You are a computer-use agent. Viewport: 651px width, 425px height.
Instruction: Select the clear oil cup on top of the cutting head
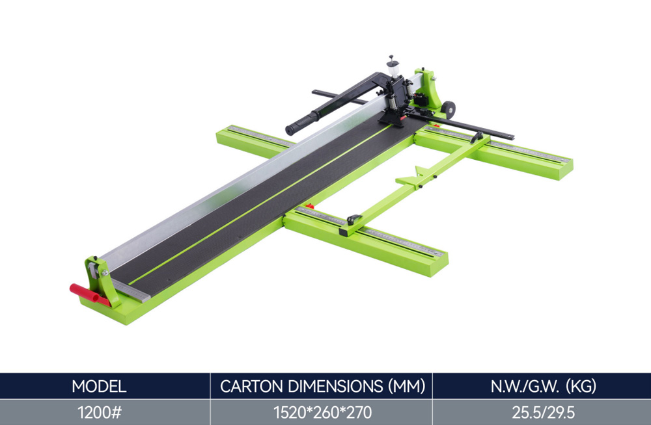point(393,68)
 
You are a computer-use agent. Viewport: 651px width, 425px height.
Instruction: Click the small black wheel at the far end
point(448,109)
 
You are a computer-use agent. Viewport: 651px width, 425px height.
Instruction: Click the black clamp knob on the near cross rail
point(353,219)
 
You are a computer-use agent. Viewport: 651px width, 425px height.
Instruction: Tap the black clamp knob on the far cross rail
point(477,137)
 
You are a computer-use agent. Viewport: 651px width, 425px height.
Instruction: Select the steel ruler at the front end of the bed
point(131,290)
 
